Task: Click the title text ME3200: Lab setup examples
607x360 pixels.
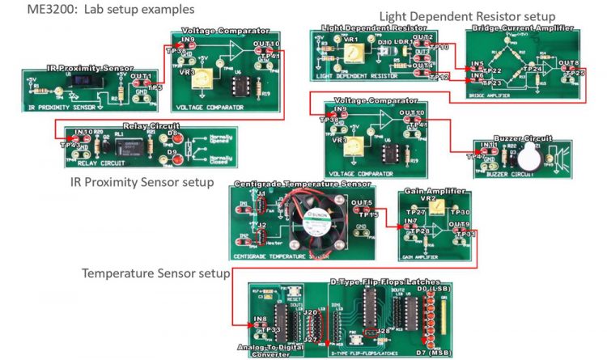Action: click(99, 11)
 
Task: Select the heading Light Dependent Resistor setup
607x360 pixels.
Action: click(467, 16)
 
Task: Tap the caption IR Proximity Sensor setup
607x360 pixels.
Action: click(142, 182)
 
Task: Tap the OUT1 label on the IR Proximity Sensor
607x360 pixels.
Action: click(142, 76)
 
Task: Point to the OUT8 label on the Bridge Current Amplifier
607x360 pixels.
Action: click(569, 63)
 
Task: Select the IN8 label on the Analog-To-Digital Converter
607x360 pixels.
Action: click(260, 320)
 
